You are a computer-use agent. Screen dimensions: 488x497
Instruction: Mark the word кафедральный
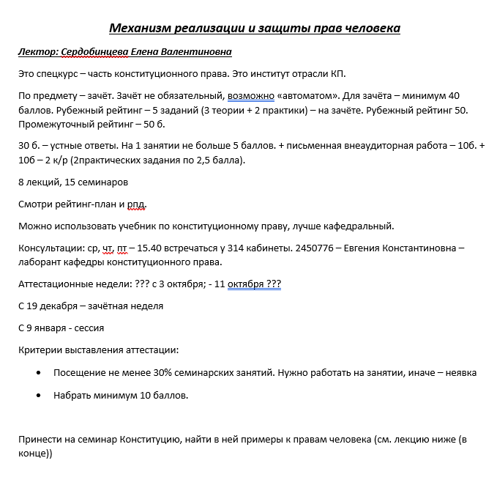click(x=356, y=225)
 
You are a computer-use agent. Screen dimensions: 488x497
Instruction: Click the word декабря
click(x=61, y=306)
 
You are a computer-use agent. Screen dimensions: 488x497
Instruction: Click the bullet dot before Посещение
click(x=38, y=373)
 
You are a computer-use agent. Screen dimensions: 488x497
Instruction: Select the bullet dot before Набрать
click(x=38, y=395)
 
